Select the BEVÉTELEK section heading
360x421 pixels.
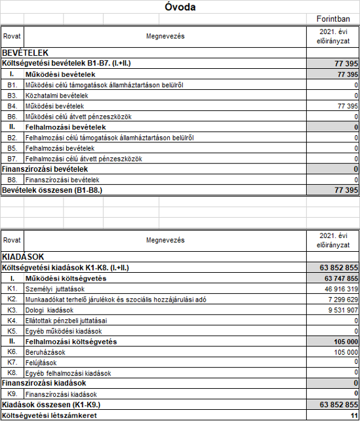[25, 52]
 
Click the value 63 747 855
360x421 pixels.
[337, 278]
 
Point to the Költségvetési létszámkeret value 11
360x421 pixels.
[353, 415]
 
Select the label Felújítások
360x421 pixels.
[41, 362]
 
